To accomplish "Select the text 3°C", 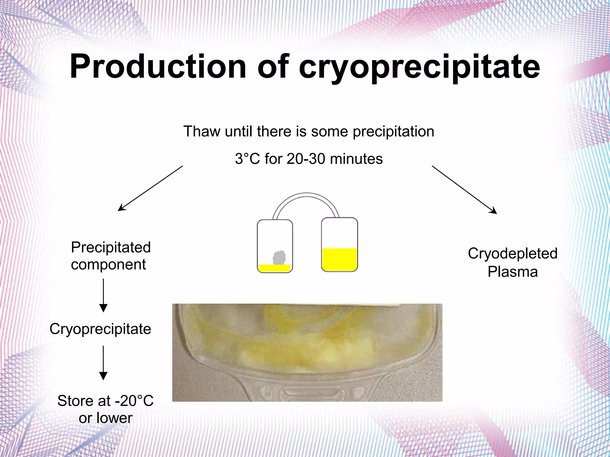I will click(x=247, y=159).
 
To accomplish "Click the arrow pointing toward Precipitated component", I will click(x=150, y=188).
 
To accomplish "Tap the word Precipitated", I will click(x=111, y=247).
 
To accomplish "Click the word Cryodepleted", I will click(x=512, y=253).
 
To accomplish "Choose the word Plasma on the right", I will click(x=512, y=272).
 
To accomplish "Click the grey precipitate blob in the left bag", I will click(x=279, y=258).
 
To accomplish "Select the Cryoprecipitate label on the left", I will click(x=100, y=329).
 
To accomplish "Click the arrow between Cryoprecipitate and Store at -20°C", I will click(x=103, y=363).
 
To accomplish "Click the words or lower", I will click(x=105, y=418).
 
